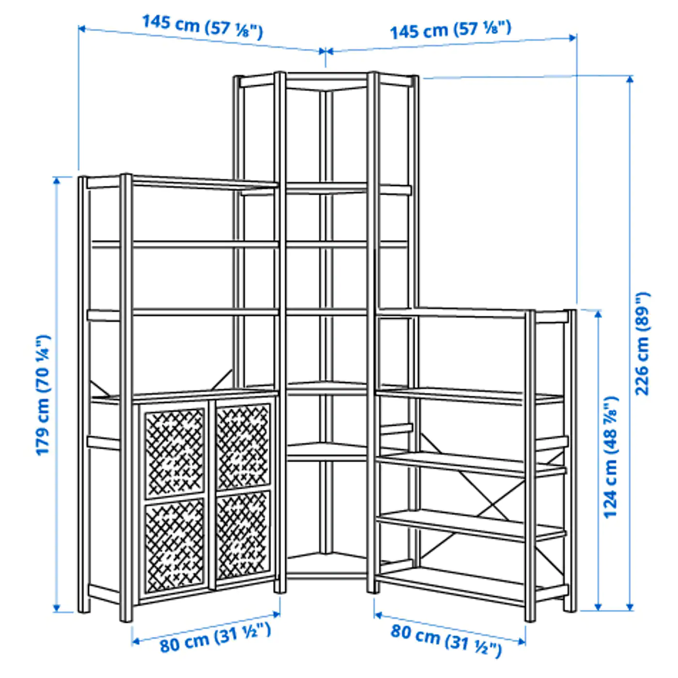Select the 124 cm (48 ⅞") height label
[x=611, y=457]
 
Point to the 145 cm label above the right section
[x=450, y=30]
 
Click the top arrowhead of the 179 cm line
[x=56, y=180]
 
